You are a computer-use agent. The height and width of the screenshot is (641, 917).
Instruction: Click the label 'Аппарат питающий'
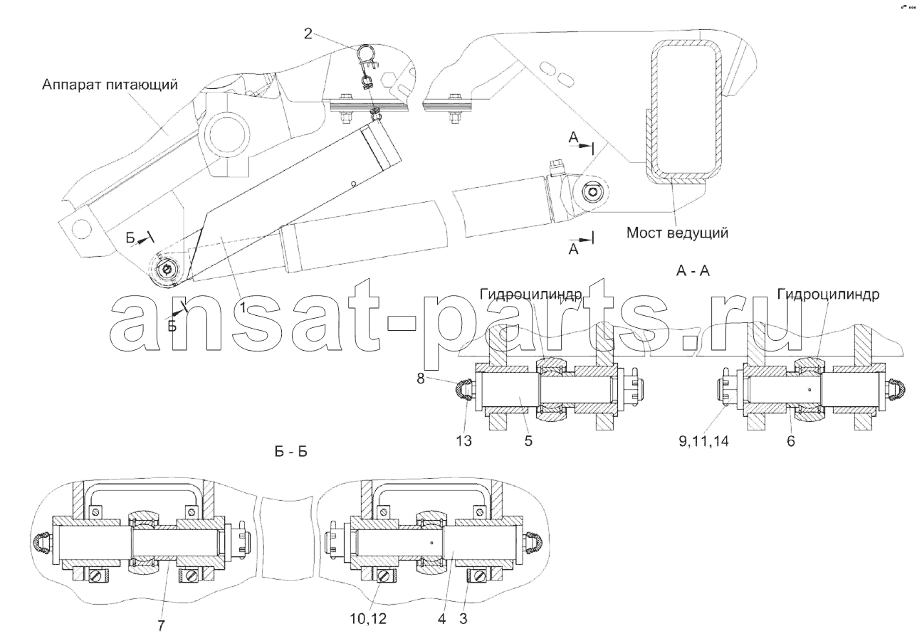pyautogui.click(x=110, y=85)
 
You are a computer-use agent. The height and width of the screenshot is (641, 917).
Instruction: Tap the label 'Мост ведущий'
pyautogui.click(x=677, y=233)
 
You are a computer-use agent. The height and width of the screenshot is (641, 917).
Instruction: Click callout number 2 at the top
pyautogui.click(x=308, y=33)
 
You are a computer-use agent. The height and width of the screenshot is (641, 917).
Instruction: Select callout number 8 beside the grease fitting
pyautogui.click(x=421, y=378)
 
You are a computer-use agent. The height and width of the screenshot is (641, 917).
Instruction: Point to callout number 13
pyautogui.click(x=464, y=441)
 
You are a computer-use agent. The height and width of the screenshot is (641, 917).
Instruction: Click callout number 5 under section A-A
pyautogui.click(x=528, y=441)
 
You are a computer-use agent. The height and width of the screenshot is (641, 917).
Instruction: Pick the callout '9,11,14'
pyautogui.click(x=703, y=441)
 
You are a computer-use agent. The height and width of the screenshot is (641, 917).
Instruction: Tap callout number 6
pyautogui.click(x=790, y=441)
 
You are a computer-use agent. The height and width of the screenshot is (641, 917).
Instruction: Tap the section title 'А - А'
pyautogui.click(x=693, y=270)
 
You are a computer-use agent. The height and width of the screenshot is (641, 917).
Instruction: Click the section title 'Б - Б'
pyautogui.click(x=290, y=452)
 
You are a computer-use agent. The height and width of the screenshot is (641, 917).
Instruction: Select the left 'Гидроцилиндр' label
pyautogui.click(x=531, y=294)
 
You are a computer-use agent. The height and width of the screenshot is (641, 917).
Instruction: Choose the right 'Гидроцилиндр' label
pyautogui.click(x=828, y=294)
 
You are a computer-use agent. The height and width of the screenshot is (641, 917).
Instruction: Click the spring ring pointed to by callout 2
pyautogui.click(x=365, y=53)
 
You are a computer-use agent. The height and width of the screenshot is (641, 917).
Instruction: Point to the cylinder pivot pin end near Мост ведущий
pyautogui.click(x=591, y=191)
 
